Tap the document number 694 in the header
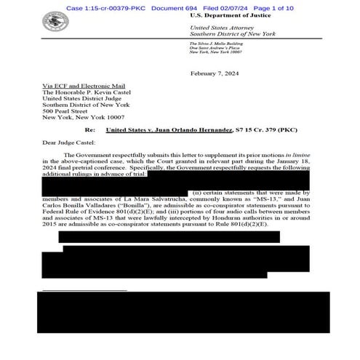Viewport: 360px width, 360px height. tap(191, 7)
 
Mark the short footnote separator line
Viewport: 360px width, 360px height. tap(84, 289)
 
